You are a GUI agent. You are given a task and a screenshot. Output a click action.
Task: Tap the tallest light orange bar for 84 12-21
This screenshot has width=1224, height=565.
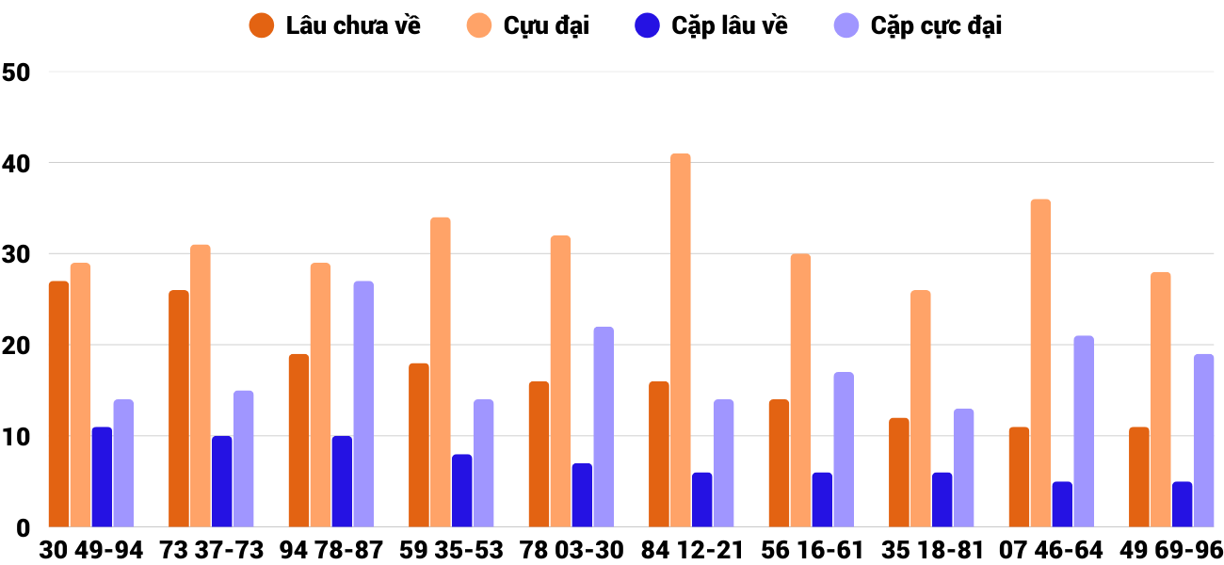[x=680, y=340]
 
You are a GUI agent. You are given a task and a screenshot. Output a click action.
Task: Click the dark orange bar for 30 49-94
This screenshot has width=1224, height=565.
[x=58, y=404]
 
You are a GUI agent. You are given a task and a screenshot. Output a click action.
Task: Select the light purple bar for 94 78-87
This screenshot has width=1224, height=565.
[x=363, y=404]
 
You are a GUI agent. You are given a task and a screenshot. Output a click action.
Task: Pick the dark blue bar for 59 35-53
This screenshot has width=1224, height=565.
[x=461, y=491]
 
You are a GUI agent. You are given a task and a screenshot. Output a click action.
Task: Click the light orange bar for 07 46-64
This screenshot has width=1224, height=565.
[x=1040, y=363]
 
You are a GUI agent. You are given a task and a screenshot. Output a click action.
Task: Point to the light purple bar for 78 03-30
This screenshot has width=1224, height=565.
[x=604, y=427]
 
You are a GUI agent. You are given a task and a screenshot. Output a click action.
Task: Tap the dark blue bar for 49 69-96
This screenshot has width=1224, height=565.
[x=1182, y=505]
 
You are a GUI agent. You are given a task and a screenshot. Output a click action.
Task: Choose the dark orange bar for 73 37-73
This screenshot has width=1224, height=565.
[x=179, y=409]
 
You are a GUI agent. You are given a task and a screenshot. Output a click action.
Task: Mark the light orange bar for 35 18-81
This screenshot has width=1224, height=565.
[x=920, y=409]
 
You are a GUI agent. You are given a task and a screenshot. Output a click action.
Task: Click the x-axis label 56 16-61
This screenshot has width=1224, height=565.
[x=813, y=550]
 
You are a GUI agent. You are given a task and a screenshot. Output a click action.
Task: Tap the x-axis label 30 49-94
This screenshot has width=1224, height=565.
[x=91, y=550]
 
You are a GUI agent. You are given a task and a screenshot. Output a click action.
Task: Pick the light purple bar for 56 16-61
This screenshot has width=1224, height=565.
[x=844, y=450]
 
